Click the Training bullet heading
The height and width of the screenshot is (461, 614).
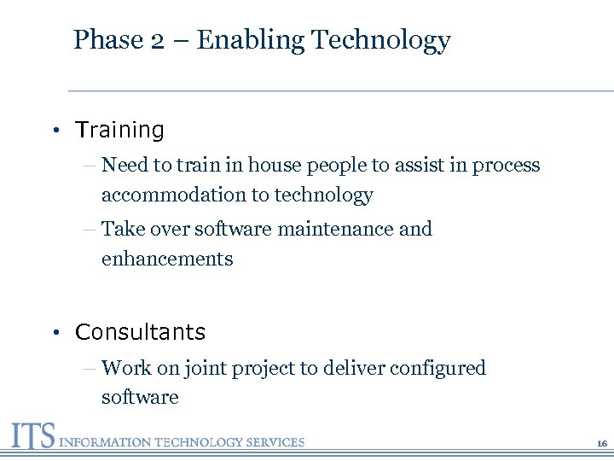[119, 131]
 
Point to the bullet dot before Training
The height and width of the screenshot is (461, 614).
[54, 131]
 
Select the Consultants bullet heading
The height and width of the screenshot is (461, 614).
[140, 332]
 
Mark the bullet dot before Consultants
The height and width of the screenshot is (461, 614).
[54, 332]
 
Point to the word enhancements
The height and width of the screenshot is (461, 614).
[167, 259]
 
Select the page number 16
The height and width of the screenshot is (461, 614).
[601, 444]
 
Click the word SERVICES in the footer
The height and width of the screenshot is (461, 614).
[275, 442]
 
